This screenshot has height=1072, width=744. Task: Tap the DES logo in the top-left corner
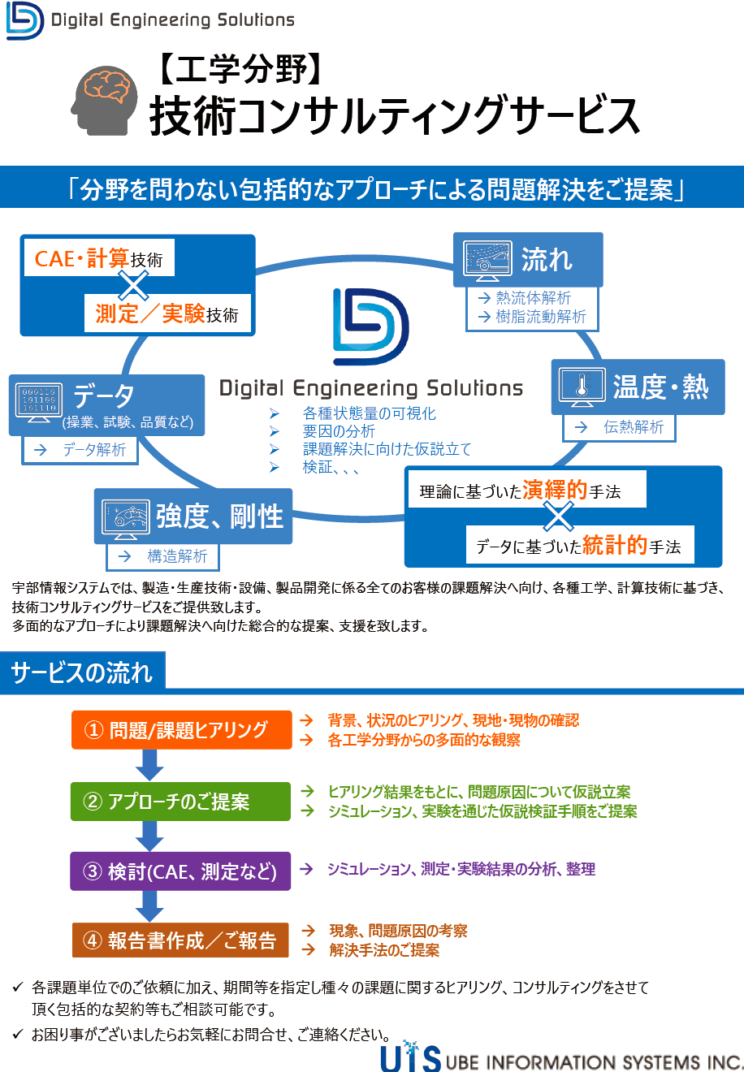click(x=25, y=20)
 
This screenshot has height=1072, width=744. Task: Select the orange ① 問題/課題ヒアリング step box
click(x=181, y=730)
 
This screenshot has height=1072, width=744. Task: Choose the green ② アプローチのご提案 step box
click(x=180, y=802)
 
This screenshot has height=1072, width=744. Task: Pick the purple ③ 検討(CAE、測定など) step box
click(x=180, y=871)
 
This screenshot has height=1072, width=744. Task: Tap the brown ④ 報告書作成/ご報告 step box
click(x=180, y=940)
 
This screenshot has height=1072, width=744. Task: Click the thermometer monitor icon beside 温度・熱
click(x=582, y=387)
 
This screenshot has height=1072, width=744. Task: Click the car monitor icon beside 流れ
click(x=487, y=260)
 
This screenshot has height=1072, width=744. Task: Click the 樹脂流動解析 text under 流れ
click(x=541, y=317)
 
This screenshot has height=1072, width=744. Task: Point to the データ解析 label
click(x=94, y=450)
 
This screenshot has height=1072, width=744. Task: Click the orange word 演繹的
click(x=555, y=490)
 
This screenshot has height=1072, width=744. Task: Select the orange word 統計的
click(x=614, y=546)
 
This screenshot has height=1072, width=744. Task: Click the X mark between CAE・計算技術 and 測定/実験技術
click(x=134, y=285)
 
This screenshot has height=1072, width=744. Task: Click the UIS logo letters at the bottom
click(x=411, y=1057)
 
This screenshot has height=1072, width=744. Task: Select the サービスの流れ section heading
click(x=82, y=672)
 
